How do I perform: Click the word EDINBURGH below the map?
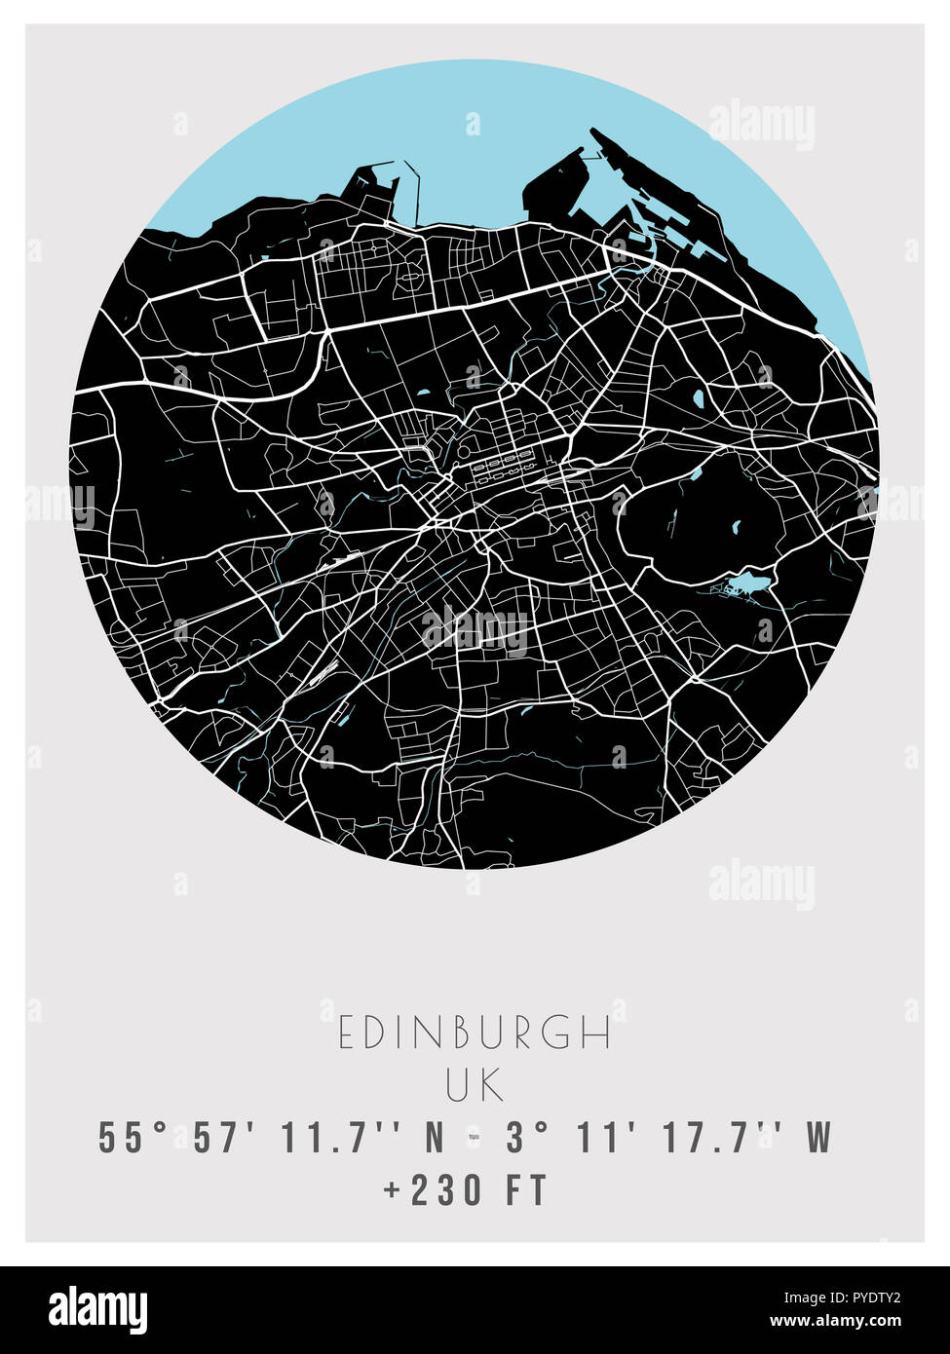tap(475, 1034)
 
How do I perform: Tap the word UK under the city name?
tap(475, 1085)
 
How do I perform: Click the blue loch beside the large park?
tap(746, 583)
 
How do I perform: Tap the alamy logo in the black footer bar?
tap(97, 1309)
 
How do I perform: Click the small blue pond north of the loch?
tap(697, 476)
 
